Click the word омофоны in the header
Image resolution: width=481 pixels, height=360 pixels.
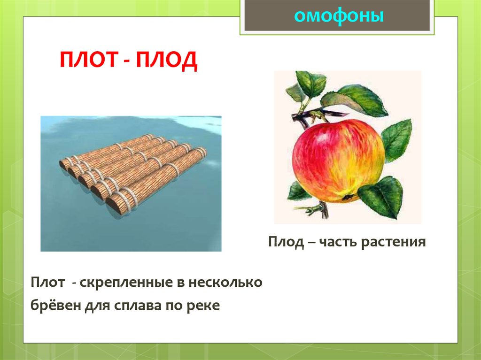tap(339, 16)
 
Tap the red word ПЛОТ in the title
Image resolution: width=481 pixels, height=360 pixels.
tap(89, 60)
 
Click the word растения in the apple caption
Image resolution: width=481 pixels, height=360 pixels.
tap(393, 242)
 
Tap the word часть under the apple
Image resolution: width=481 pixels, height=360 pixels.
tap(338, 242)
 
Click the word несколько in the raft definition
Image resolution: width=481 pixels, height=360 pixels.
tap(225, 283)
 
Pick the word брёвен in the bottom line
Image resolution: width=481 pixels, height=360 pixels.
tap(55, 305)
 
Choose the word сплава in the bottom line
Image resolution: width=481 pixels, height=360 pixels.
tap(138, 306)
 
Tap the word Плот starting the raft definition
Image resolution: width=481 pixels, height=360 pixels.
tap(48, 283)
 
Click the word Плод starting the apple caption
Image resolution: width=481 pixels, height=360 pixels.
tap(286, 242)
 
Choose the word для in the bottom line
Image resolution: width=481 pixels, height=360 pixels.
tap(97, 306)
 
